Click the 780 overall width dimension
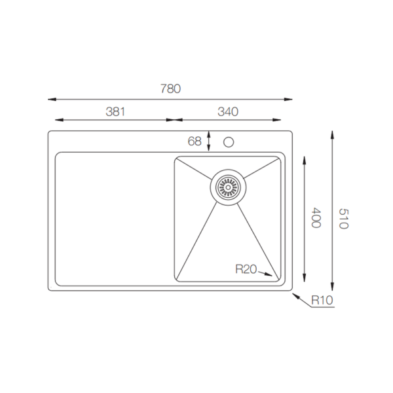point(170,88)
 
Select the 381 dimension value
point(115,112)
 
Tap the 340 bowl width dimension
point(228,112)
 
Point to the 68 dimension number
point(195,141)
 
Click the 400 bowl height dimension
point(316,217)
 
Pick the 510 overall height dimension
point(344,219)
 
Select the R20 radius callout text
point(246,269)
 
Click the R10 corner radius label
point(322,300)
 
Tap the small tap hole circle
point(229,142)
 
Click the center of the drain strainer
point(228,187)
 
